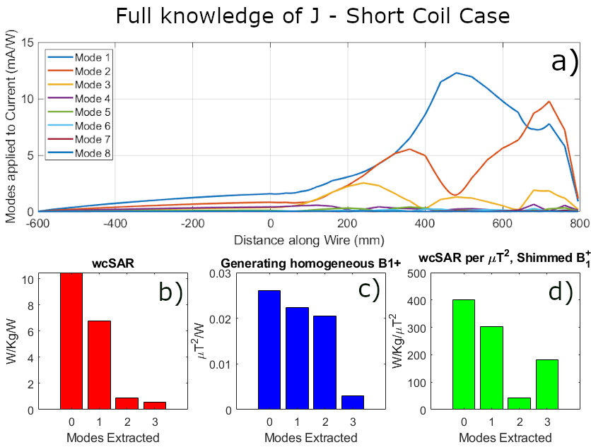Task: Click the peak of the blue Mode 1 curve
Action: [457, 73]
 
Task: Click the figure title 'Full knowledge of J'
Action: [295, 16]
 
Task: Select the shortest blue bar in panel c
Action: [353, 403]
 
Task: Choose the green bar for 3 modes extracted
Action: [547, 385]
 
